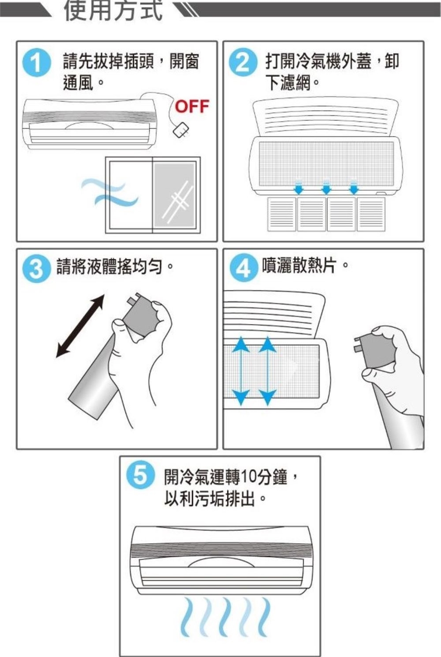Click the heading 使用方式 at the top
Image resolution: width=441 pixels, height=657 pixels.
click(x=113, y=11)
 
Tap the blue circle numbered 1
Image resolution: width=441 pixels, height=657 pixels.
click(x=37, y=63)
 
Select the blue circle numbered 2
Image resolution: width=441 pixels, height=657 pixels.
click(x=243, y=63)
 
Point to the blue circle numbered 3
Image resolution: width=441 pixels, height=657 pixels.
click(x=36, y=269)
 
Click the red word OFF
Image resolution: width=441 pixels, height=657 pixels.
click(x=192, y=106)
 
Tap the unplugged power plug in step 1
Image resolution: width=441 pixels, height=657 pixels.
click(x=181, y=130)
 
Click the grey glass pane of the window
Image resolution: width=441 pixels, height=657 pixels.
click(x=175, y=195)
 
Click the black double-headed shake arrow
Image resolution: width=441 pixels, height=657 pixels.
click(x=80, y=326)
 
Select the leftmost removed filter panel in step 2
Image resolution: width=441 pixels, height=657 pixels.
click(x=282, y=214)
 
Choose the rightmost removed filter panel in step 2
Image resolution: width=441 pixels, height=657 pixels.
click(x=371, y=214)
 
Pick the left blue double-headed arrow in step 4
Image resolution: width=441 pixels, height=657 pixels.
click(x=241, y=371)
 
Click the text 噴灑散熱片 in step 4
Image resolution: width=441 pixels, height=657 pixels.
click(x=299, y=266)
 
